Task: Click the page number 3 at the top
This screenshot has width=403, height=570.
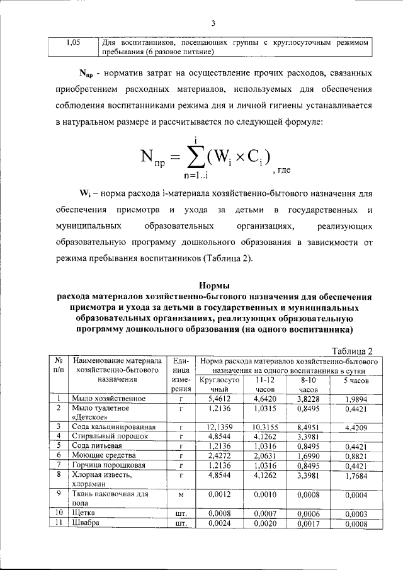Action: (x=213, y=24)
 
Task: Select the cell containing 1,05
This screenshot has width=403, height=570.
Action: (x=73, y=43)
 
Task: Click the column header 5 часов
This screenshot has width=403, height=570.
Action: (x=356, y=381)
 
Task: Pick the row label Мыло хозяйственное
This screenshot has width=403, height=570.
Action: (x=110, y=399)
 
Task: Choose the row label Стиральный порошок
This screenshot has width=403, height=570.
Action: (x=110, y=436)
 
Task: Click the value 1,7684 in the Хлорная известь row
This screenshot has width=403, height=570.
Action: (x=356, y=475)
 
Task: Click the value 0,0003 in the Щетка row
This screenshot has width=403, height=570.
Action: (x=356, y=514)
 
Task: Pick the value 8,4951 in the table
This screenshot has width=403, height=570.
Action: (x=308, y=427)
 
